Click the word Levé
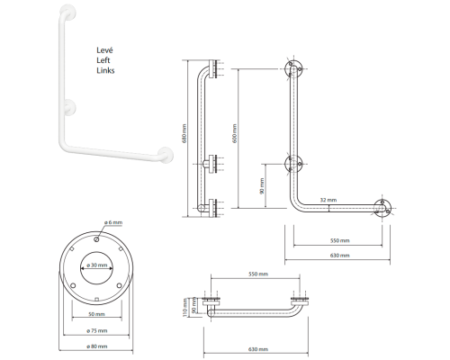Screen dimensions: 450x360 (104, 50)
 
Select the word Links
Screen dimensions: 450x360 (105, 70)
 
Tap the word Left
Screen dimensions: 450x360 (103, 60)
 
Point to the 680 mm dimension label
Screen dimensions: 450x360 (184, 133)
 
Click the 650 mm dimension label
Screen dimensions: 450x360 (234, 133)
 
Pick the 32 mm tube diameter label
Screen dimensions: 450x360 (328, 200)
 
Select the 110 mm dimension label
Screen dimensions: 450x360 (185, 307)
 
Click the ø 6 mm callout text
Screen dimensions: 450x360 (113, 222)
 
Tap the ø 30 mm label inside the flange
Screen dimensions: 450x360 (97, 265)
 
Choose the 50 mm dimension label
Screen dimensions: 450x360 (96, 314)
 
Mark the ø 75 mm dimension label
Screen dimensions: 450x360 (97, 330)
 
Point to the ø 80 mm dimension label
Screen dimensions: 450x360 (97, 346)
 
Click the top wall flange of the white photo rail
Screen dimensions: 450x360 (68, 12)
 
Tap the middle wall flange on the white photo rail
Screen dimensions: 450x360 (69, 107)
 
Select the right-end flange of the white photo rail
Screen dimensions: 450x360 (166, 155)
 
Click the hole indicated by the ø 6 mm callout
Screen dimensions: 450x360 (97, 239)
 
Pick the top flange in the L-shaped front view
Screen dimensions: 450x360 (293, 69)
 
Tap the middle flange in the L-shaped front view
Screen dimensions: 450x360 (293, 164)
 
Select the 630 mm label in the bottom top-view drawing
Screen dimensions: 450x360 (258, 349)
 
